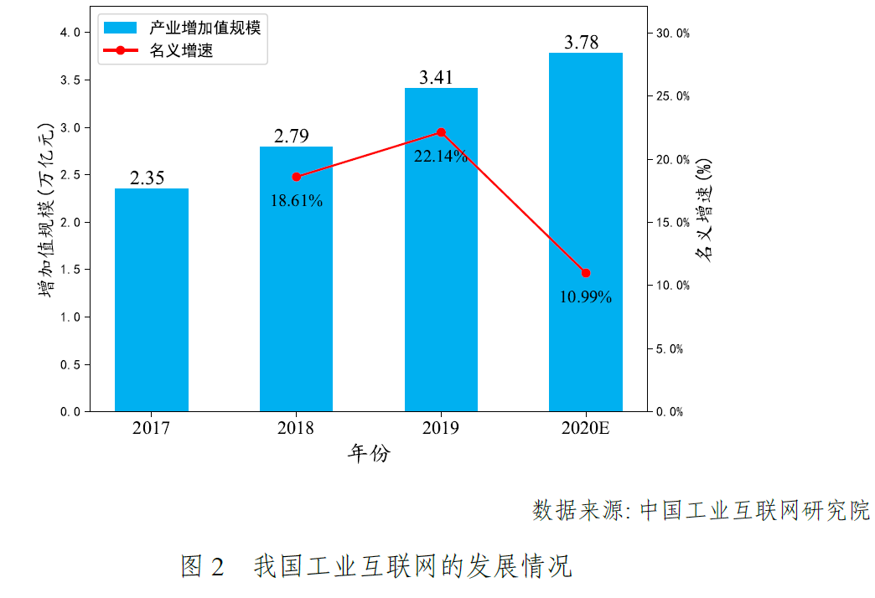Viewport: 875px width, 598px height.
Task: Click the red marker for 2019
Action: (x=441, y=132)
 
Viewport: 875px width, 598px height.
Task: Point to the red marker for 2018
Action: (x=296, y=177)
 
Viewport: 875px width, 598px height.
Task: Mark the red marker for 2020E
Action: (x=586, y=273)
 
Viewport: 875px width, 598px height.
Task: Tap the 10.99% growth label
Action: (x=586, y=296)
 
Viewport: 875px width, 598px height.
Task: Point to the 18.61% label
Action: (x=297, y=201)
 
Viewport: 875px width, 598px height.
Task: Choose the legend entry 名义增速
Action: (x=181, y=51)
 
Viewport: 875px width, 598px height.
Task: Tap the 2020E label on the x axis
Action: (x=586, y=428)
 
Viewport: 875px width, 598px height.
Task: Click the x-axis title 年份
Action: (x=369, y=454)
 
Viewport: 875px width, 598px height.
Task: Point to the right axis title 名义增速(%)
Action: (x=705, y=209)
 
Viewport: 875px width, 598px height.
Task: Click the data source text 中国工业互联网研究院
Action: (x=754, y=510)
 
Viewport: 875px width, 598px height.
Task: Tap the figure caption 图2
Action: (x=203, y=566)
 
